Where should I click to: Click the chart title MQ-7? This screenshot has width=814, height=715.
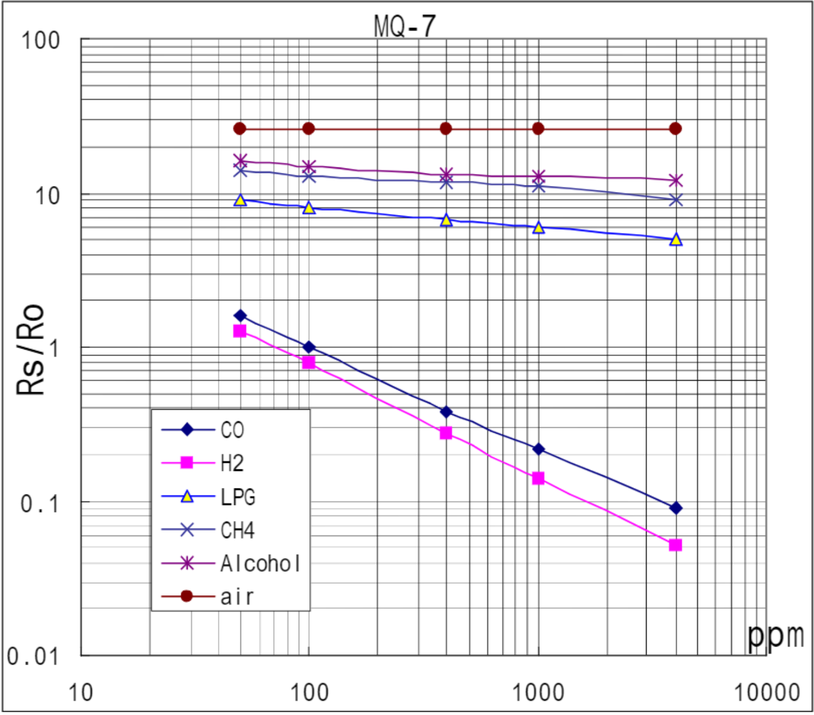(x=405, y=26)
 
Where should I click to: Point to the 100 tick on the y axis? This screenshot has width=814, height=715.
(x=40, y=40)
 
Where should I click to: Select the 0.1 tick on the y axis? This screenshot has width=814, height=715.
(x=39, y=503)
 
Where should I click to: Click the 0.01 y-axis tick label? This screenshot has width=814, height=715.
(x=32, y=655)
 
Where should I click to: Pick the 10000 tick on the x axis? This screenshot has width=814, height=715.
(x=766, y=693)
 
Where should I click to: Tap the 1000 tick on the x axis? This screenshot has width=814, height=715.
(x=538, y=693)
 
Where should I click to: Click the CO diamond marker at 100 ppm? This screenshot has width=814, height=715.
(x=309, y=347)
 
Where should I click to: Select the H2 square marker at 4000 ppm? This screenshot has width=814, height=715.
(x=676, y=545)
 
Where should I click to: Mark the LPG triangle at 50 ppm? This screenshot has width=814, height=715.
(x=240, y=200)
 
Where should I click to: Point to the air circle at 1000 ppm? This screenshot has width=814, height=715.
(x=538, y=129)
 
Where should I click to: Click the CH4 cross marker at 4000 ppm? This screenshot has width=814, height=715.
(x=676, y=200)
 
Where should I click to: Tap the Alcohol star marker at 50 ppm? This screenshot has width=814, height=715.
(x=240, y=161)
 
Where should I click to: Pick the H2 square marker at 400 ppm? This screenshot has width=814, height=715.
(x=446, y=433)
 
